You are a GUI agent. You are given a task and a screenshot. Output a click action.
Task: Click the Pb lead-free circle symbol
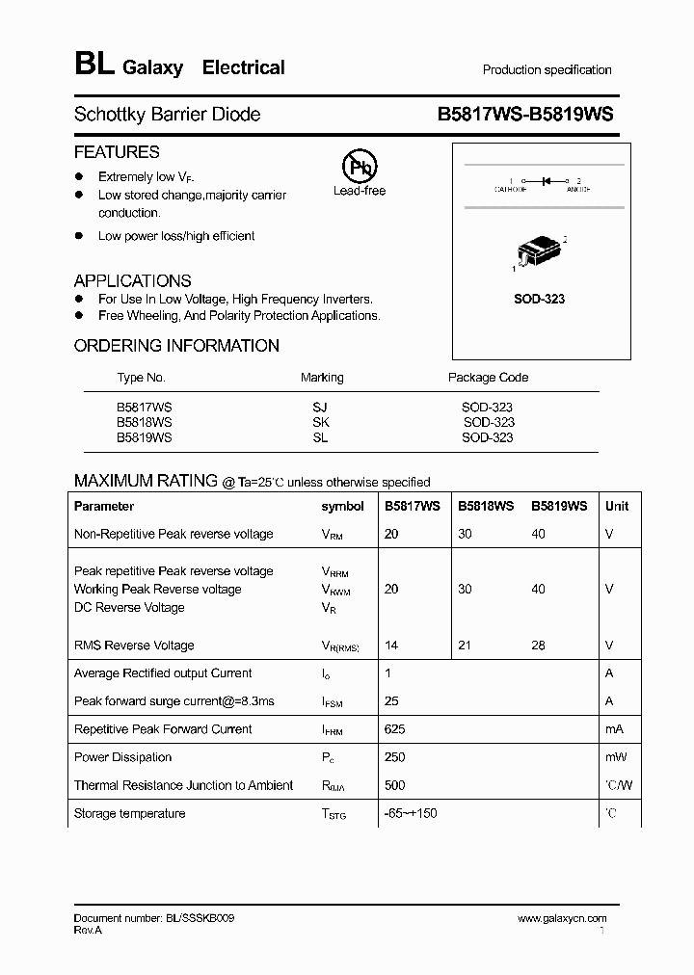click(360, 166)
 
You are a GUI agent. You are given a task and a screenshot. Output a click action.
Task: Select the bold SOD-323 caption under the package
click(540, 299)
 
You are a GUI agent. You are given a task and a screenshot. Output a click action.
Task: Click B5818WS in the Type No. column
click(145, 422)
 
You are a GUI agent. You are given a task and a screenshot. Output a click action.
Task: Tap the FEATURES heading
click(117, 152)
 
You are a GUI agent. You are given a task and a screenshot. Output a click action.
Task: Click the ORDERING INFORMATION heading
click(176, 346)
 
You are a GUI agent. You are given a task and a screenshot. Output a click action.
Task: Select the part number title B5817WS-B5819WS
click(525, 115)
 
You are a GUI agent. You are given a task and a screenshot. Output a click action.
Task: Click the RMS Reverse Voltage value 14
click(390, 646)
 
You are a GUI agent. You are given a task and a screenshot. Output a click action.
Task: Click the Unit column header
click(616, 506)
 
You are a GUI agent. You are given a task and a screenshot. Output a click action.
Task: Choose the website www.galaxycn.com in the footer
click(561, 919)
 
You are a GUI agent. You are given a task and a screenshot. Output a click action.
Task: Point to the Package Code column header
click(488, 378)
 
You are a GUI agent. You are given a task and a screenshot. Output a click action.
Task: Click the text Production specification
click(547, 70)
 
